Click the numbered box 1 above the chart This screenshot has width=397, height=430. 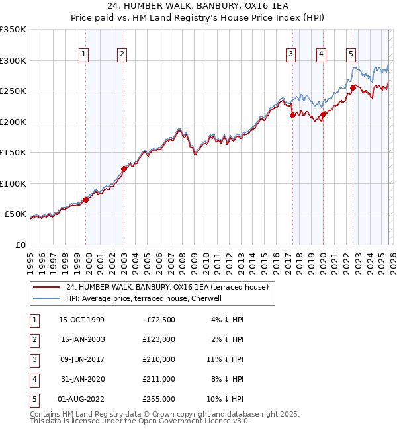[85, 55]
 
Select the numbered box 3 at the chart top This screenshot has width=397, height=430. [290, 55]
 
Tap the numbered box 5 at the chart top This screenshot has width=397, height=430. [350, 55]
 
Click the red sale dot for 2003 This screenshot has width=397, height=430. [124, 169]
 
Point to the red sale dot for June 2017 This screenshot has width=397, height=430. [292, 115]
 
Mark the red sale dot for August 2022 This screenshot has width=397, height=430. [353, 87]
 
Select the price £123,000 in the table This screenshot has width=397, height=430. [159, 339]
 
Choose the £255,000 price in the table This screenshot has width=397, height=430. [159, 399]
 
